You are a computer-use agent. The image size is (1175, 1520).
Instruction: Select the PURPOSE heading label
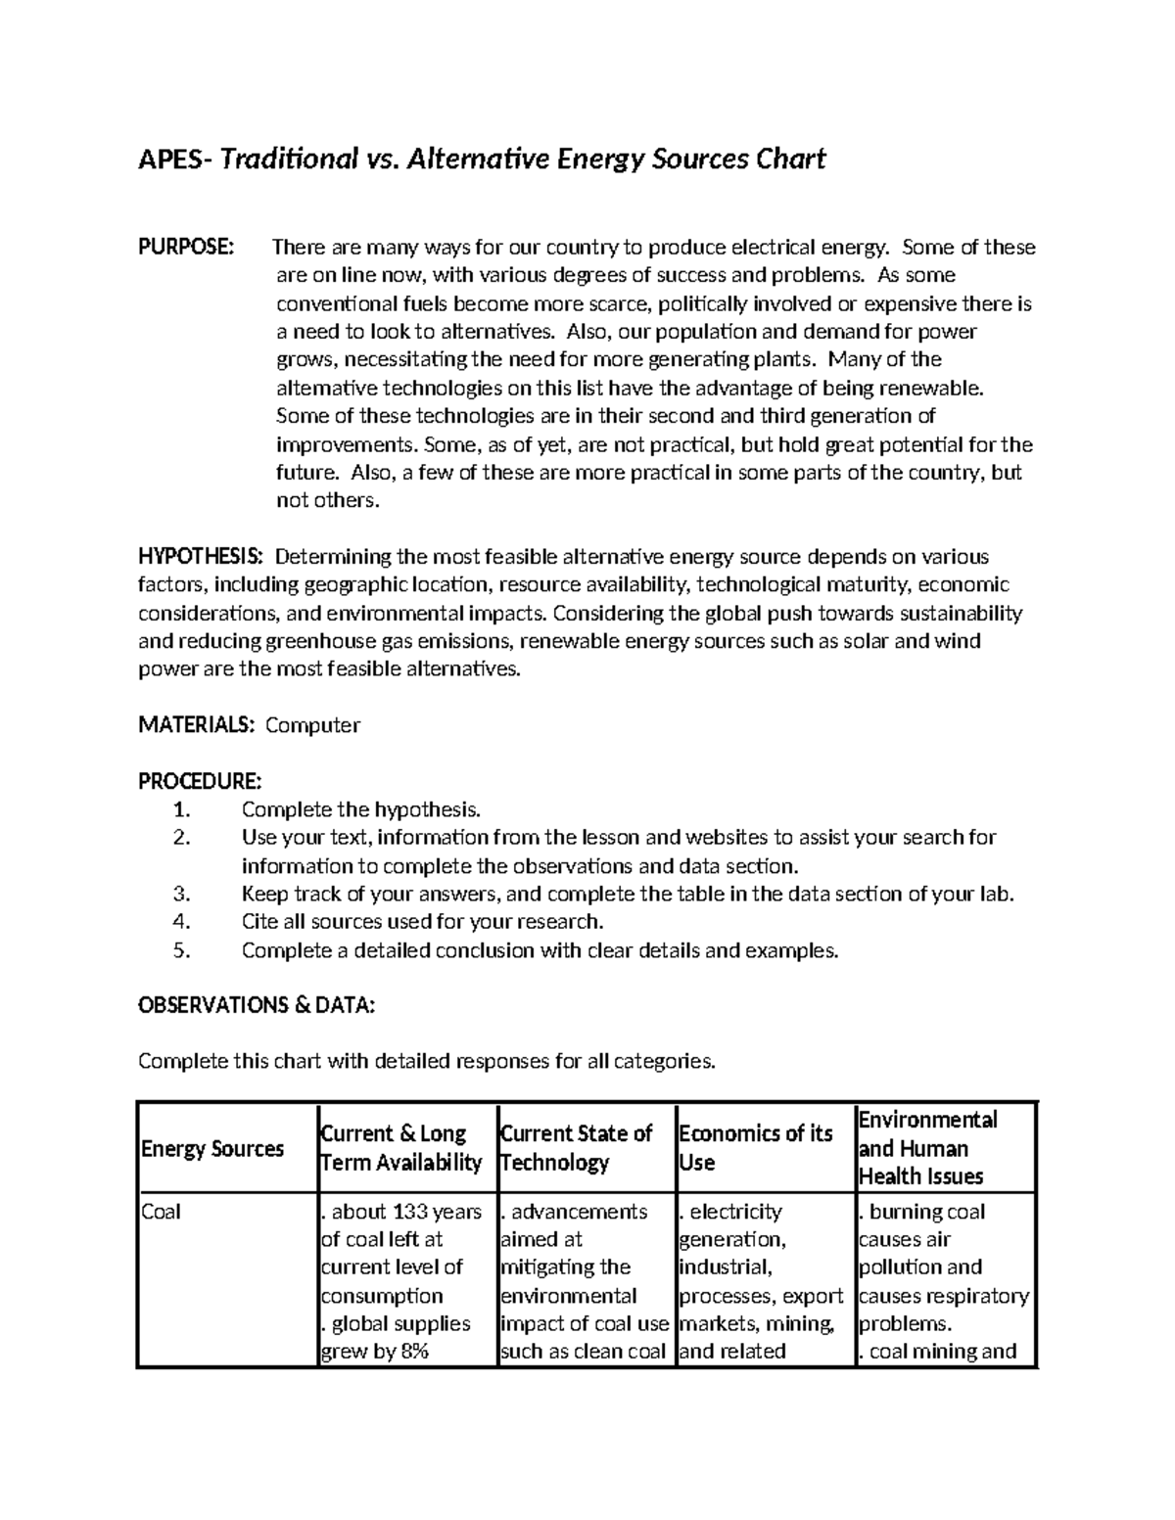click(x=186, y=247)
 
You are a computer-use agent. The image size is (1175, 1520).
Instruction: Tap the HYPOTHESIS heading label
click(x=201, y=557)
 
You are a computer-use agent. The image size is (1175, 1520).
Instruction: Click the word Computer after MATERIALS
click(x=313, y=725)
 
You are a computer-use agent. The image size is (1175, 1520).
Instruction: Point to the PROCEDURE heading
click(x=200, y=781)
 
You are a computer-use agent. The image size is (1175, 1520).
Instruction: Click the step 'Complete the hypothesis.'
click(x=361, y=809)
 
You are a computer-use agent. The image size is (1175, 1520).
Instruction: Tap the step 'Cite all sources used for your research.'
click(x=422, y=922)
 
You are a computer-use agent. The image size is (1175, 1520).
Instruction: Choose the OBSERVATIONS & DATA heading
click(x=257, y=1005)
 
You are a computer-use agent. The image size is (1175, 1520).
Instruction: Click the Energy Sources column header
click(x=212, y=1148)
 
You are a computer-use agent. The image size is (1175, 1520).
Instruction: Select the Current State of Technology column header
click(x=576, y=1148)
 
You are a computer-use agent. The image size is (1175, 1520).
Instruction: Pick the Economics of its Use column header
click(x=754, y=1148)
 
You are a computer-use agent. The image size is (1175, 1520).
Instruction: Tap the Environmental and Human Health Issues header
click(x=927, y=1148)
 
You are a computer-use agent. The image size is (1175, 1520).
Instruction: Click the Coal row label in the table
click(x=162, y=1212)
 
